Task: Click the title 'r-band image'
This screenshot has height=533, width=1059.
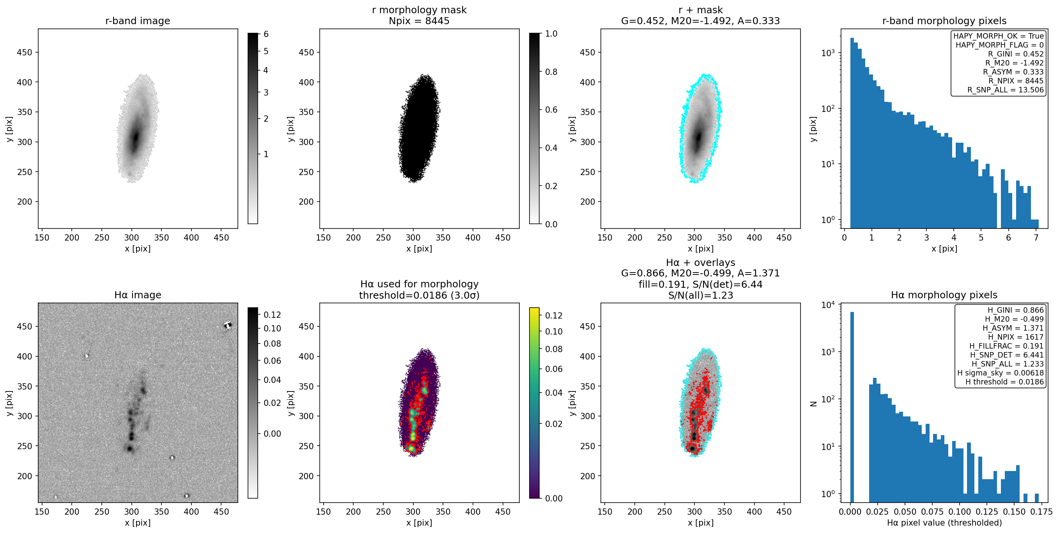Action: pyautogui.click(x=137, y=21)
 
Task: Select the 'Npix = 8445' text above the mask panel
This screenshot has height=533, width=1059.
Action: pyautogui.click(x=419, y=21)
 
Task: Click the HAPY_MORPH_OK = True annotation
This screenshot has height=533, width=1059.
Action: pyautogui.click(x=998, y=36)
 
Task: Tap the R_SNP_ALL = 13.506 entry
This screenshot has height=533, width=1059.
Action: pyautogui.click(x=1005, y=90)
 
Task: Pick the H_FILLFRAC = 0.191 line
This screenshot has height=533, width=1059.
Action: pyautogui.click(x=1006, y=346)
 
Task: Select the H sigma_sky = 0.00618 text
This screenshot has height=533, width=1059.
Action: pyautogui.click(x=1000, y=373)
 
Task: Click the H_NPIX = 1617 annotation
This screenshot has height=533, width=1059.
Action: pyautogui.click(x=1015, y=337)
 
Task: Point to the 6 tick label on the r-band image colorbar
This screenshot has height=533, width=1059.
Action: pyautogui.click(x=266, y=34)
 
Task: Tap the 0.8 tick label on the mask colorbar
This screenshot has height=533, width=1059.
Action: pyautogui.click(x=551, y=72)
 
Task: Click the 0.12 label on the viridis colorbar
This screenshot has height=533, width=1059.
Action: pyautogui.click(x=554, y=315)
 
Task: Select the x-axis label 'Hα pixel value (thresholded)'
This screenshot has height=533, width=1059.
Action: pyautogui.click(x=944, y=523)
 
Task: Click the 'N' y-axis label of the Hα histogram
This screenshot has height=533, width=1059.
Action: pyautogui.click(x=813, y=404)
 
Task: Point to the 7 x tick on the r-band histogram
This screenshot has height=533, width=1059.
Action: pyautogui.click(x=1036, y=237)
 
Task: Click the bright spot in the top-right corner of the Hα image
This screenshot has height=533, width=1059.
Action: pyautogui.click(x=228, y=325)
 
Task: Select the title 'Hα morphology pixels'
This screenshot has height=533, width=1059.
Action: pyautogui.click(x=944, y=295)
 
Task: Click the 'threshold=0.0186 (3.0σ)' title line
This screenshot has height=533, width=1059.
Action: pyautogui.click(x=419, y=295)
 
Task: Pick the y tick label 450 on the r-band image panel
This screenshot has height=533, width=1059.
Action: pyautogui.click(x=24, y=52)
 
